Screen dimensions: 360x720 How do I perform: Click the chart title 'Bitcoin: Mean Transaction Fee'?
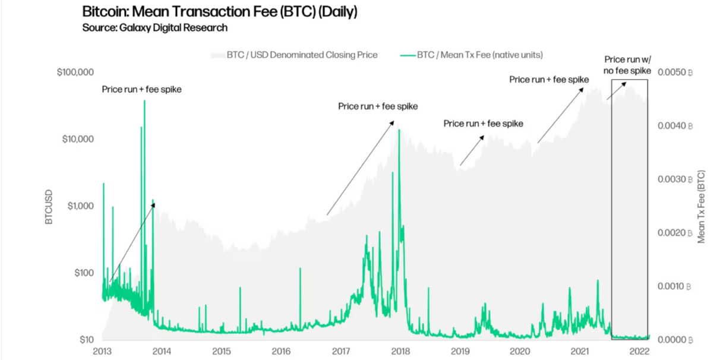220,12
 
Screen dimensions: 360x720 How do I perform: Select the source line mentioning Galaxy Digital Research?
154,27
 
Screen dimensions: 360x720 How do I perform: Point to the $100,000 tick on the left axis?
76,72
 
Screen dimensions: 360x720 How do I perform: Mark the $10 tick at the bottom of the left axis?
86,340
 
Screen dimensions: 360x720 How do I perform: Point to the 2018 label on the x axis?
400,350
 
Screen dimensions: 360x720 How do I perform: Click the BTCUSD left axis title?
49,207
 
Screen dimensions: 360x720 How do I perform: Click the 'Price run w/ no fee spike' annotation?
628,65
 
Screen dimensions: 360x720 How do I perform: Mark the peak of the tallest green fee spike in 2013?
144,101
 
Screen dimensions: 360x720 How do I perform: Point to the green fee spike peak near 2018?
399,130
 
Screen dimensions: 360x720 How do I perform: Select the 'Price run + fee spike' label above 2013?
141,90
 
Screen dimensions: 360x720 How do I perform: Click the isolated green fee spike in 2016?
300,269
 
